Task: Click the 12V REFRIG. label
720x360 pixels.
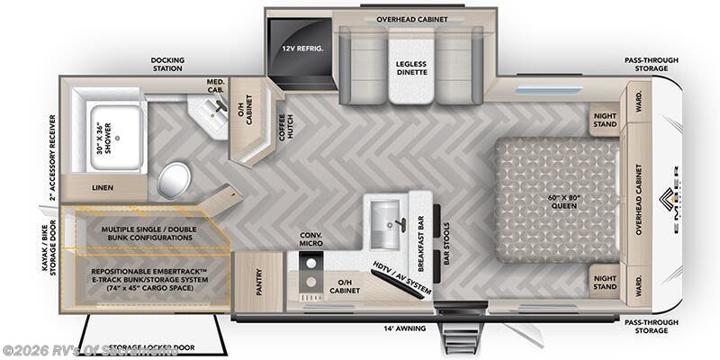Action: point(301,47)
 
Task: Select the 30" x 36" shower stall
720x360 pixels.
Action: point(115,136)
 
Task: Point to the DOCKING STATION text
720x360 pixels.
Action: point(167,66)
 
